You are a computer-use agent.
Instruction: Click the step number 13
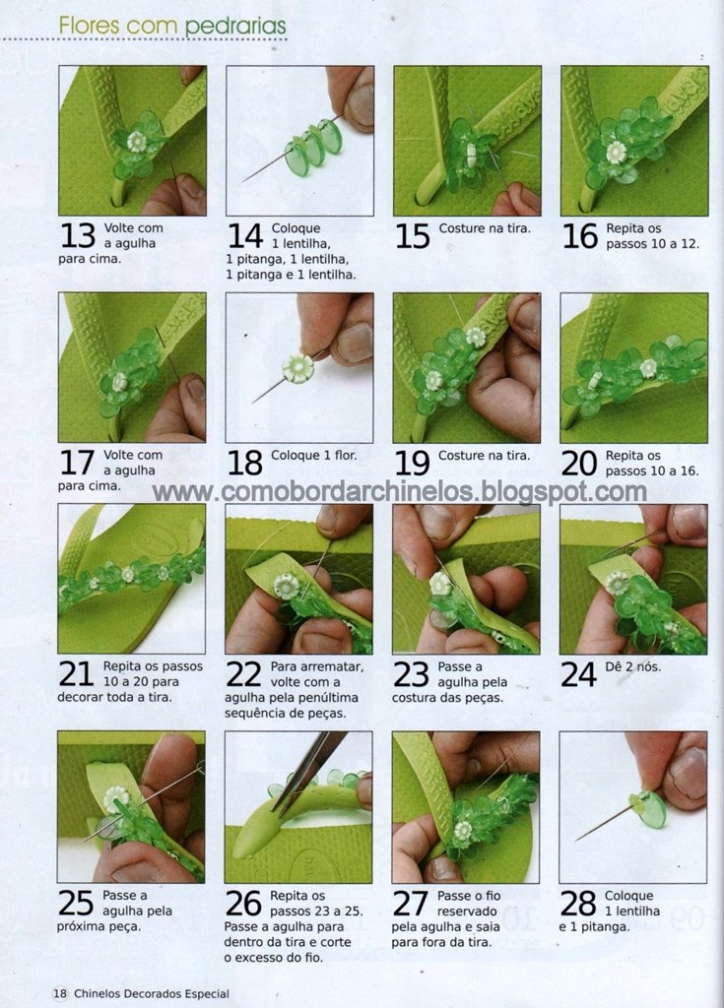click(77, 236)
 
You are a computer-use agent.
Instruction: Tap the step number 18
click(244, 463)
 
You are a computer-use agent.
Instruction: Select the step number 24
click(578, 674)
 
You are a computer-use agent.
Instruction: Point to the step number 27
click(411, 903)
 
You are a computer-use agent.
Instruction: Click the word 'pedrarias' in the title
click(235, 27)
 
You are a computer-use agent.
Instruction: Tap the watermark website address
click(400, 492)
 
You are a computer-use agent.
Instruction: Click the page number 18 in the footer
click(60, 993)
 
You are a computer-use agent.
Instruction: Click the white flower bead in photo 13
click(137, 142)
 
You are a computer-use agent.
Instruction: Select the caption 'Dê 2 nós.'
click(633, 666)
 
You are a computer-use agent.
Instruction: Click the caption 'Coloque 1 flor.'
click(313, 455)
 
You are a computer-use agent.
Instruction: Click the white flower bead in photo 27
click(462, 831)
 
